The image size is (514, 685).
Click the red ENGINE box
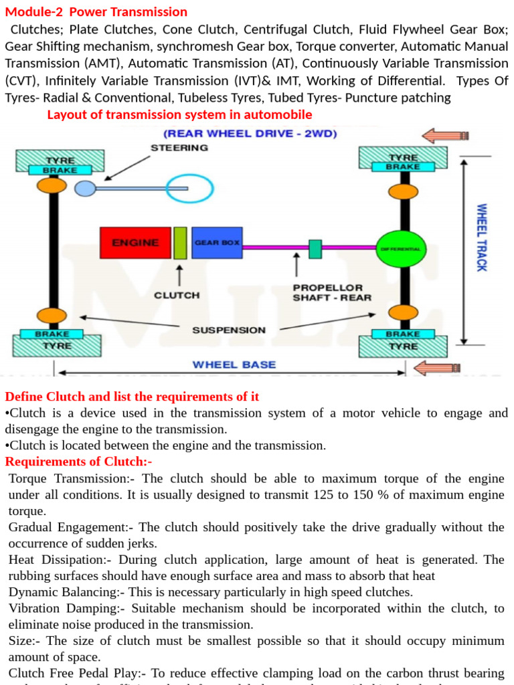(x=135, y=243)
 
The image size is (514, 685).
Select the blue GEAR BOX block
(x=217, y=243)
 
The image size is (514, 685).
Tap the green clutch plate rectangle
(x=180, y=243)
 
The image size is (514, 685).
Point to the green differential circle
(x=401, y=248)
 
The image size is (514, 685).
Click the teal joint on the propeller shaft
(x=315, y=248)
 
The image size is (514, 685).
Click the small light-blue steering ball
(x=85, y=189)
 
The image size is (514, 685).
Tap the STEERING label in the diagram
(x=179, y=148)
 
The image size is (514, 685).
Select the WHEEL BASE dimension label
(x=234, y=365)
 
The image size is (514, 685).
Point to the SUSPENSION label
(x=229, y=330)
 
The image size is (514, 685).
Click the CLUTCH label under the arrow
(x=177, y=294)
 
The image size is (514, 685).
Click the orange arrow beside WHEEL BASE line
(x=438, y=368)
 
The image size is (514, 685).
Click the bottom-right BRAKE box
(x=403, y=334)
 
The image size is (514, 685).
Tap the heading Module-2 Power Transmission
(x=96, y=12)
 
